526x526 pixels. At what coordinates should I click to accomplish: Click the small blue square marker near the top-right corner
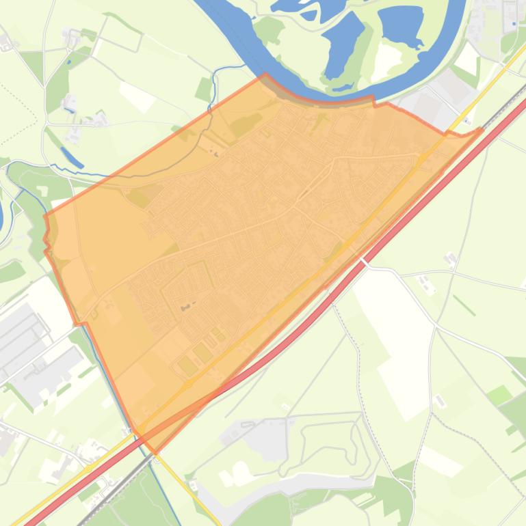click(x=514, y=24)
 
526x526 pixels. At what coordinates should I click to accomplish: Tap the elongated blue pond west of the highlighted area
click(x=72, y=156)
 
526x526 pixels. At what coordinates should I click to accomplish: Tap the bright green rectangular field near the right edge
click(x=499, y=394)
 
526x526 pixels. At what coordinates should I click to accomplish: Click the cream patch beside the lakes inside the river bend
click(x=387, y=59)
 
